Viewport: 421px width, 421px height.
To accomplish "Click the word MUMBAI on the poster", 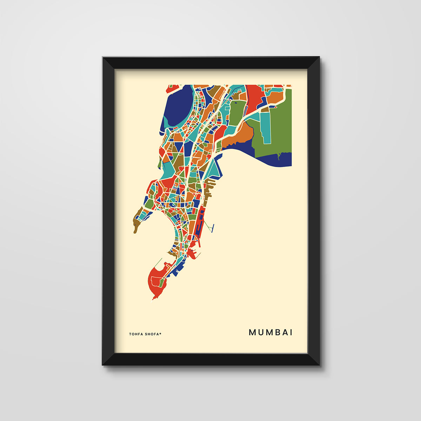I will [270, 332].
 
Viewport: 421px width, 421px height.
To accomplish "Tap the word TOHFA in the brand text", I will [136, 334].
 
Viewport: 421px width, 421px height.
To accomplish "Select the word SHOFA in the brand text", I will [152, 334].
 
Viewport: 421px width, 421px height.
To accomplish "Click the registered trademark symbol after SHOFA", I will [160, 333].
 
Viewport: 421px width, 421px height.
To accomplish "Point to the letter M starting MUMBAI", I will [252, 332].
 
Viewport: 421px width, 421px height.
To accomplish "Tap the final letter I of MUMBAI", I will [291, 332].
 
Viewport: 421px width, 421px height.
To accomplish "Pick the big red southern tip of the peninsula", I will [156, 281].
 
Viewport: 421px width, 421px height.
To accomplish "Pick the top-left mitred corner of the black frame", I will [109, 63].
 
